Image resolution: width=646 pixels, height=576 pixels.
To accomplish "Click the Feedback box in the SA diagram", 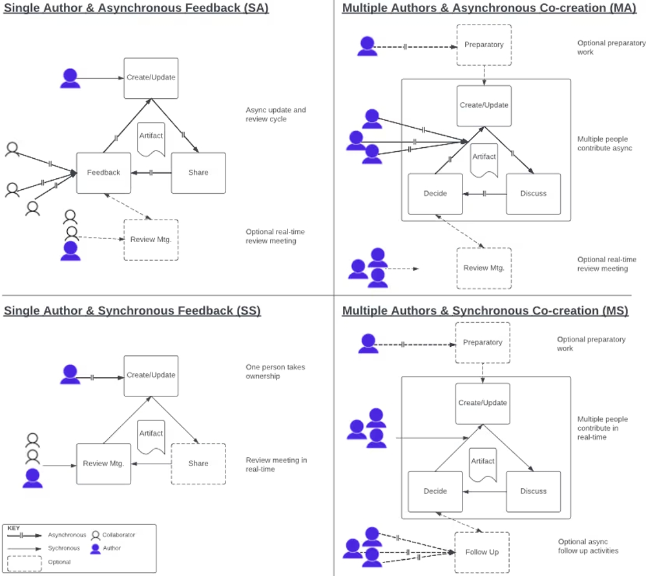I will [103, 172].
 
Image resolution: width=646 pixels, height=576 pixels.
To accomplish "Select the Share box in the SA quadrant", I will [198, 172].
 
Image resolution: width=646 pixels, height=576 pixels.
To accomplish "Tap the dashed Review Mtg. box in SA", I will [151, 240].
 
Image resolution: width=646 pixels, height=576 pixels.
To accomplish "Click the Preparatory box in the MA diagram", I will [484, 45].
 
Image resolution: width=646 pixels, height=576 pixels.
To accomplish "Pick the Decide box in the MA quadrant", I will [435, 194].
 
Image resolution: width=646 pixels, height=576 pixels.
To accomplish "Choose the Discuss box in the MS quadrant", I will [533, 491].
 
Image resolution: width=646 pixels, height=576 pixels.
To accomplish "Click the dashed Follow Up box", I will [481, 552].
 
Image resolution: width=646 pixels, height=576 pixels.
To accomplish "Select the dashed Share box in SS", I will [198, 463].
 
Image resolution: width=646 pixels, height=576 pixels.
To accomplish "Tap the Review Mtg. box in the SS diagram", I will [103, 463].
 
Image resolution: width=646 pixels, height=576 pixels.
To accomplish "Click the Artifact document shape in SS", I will [151, 436].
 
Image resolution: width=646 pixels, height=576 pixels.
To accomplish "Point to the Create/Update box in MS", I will [483, 403].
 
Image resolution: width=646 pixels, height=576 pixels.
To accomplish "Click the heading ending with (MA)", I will [485, 8].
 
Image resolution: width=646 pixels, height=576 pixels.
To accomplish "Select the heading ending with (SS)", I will [132, 311].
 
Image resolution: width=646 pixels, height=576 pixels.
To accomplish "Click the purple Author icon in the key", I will [96, 548].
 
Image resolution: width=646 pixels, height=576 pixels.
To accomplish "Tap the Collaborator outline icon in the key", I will [96, 535].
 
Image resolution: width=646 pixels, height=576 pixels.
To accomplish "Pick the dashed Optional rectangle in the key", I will [25, 562].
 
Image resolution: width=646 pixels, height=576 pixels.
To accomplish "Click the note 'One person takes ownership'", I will [275, 371].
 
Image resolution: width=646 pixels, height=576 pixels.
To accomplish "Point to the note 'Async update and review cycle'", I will [276, 114].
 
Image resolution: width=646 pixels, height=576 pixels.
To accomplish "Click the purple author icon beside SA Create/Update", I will [70, 78].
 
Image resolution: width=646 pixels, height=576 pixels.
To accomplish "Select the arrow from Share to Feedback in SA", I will [151, 172].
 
